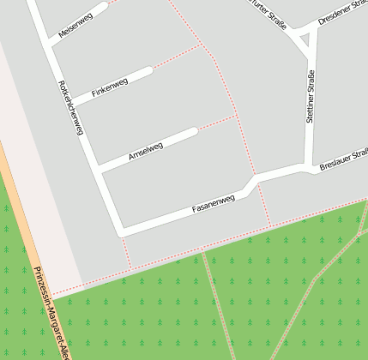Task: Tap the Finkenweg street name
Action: click(x=109, y=87)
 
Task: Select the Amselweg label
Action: click(x=145, y=151)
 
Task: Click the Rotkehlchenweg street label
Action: click(x=70, y=107)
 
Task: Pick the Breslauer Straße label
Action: click(x=343, y=158)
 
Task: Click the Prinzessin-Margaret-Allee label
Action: click(x=50, y=312)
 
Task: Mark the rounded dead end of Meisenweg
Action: click(x=105, y=6)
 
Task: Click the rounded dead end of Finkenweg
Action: click(x=149, y=70)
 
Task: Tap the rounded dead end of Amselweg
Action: click(x=194, y=132)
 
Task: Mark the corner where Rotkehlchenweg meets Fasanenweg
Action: click(x=122, y=231)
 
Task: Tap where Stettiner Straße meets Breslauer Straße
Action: click(x=308, y=165)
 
